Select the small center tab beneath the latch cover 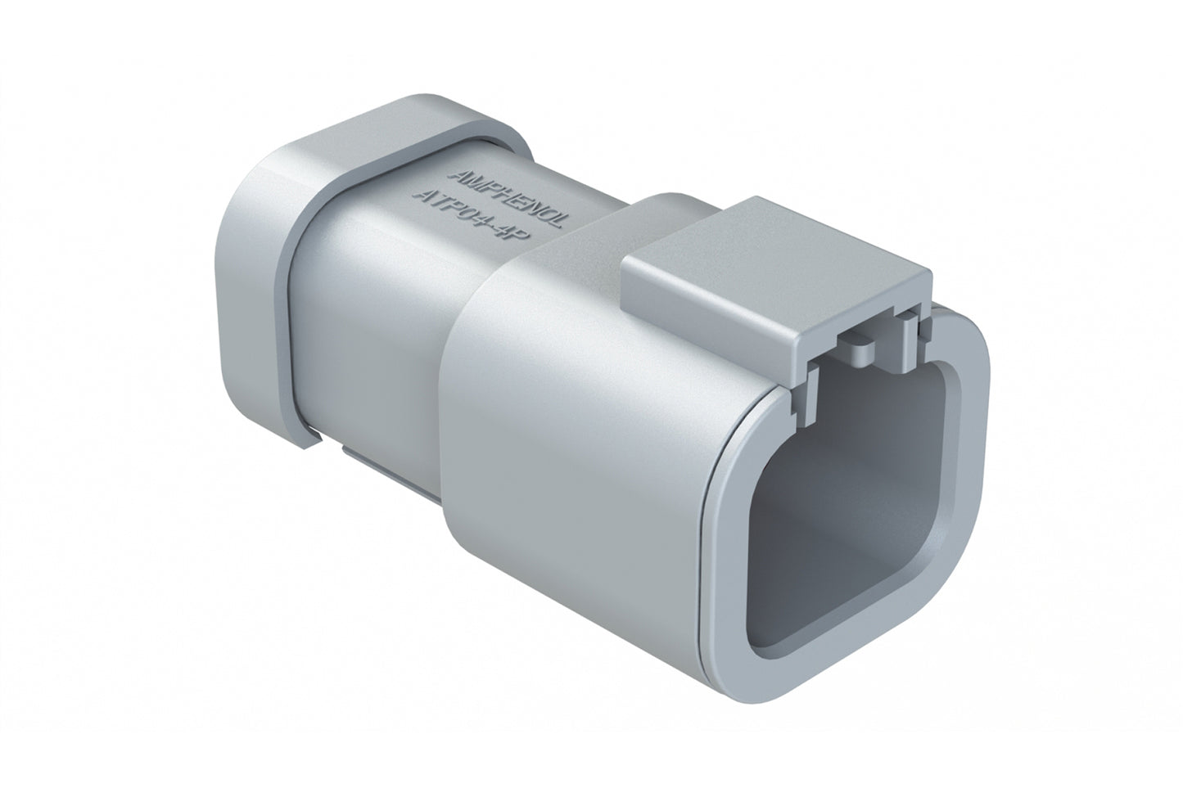click(868, 352)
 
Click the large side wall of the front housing click(573, 458)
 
